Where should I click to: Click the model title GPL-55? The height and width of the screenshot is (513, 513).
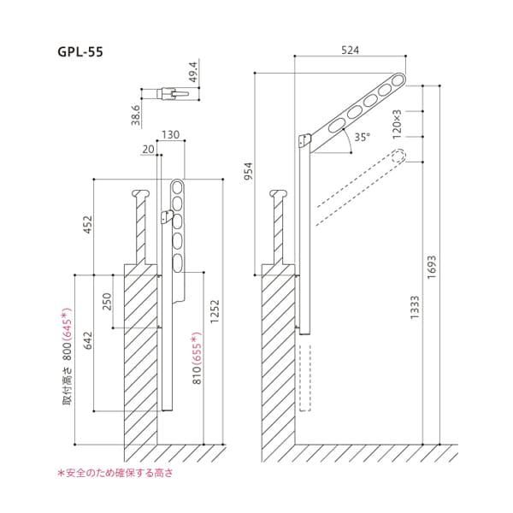[x=80, y=52]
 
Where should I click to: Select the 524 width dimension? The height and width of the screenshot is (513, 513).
[x=350, y=50]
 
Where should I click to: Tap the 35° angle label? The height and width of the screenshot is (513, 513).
[x=363, y=137]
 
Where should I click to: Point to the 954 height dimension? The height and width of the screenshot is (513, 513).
[x=249, y=171]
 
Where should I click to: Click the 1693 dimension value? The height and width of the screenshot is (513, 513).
[x=432, y=267]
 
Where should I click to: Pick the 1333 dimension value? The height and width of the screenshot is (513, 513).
[x=415, y=308]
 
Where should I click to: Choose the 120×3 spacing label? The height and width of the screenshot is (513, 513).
[x=397, y=125]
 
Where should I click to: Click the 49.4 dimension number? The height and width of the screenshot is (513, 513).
[x=193, y=72]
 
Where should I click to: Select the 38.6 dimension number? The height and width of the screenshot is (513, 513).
[x=136, y=115]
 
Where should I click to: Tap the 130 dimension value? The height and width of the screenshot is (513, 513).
[x=171, y=135]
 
